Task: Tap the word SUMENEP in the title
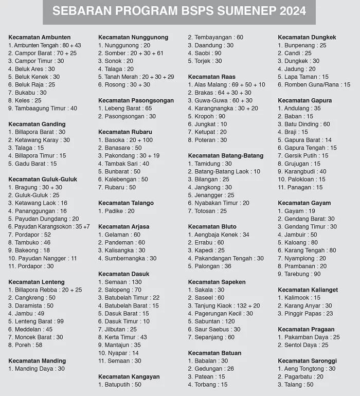238,11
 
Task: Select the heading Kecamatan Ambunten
40,38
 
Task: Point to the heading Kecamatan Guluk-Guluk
43,179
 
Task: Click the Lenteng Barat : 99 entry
36,321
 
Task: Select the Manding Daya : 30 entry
37,369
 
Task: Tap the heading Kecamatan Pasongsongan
136,101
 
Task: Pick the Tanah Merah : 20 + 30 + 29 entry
136,77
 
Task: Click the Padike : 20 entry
117,211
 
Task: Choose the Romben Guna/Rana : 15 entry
314,85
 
